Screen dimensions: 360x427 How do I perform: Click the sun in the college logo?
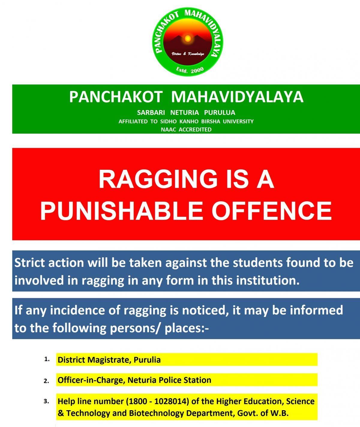(187, 38)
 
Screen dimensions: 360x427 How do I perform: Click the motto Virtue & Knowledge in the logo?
(188, 54)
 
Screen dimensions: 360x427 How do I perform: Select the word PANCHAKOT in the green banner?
(116, 97)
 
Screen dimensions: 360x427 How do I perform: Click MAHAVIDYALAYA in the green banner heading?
(237, 97)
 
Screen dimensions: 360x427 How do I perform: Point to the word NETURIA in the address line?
(184, 112)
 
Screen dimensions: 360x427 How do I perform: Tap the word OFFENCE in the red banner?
(271, 211)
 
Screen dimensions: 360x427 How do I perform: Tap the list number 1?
(47, 359)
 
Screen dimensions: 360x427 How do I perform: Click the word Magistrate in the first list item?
(109, 360)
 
